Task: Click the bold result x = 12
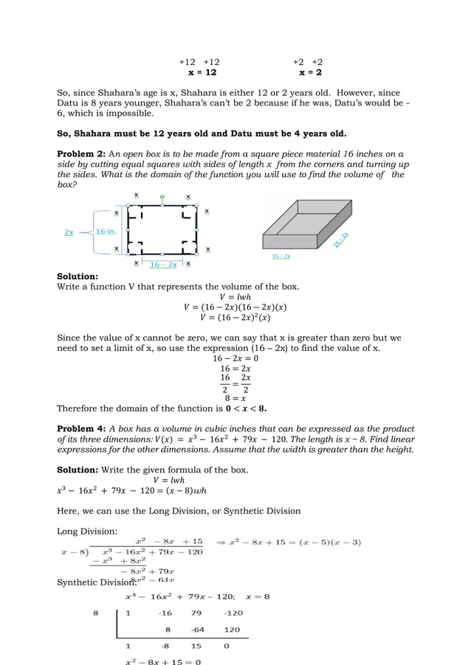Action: tap(202, 73)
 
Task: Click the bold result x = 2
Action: tap(310, 73)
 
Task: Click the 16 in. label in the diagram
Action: tap(106, 231)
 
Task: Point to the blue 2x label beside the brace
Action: tap(69, 231)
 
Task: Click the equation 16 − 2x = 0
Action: tap(235, 358)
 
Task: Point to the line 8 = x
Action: tap(235, 397)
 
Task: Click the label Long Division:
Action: tap(83, 531)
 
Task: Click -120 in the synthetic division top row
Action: tap(232, 613)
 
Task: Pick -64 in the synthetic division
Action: tap(197, 630)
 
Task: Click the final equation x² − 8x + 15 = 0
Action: tap(162, 661)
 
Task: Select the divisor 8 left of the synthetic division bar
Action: tap(94, 613)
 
